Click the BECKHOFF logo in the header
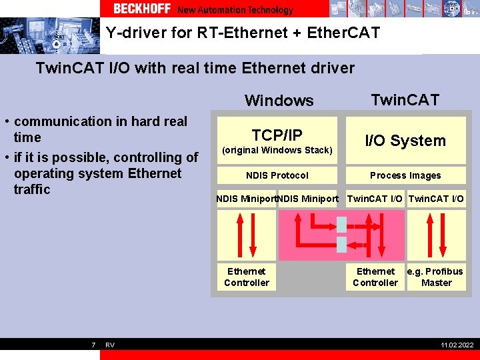[142, 9]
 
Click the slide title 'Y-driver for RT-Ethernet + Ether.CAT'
[243, 33]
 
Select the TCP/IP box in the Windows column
[277, 141]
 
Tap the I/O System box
[405, 141]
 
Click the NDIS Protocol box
[277, 175]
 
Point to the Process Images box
[405, 175]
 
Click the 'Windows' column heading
[279, 101]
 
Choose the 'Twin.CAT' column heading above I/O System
[405, 100]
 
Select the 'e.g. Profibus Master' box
[436, 277]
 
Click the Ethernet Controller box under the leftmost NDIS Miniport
[247, 277]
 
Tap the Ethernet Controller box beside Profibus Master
[375, 277]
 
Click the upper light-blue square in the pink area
[342, 223]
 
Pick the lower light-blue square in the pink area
[342, 244]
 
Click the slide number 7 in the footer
[93, 345]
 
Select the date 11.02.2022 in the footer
[457, 345]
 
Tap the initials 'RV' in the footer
[110, 345]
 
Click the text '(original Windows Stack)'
[277, 150]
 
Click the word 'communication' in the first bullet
[55, 121]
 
